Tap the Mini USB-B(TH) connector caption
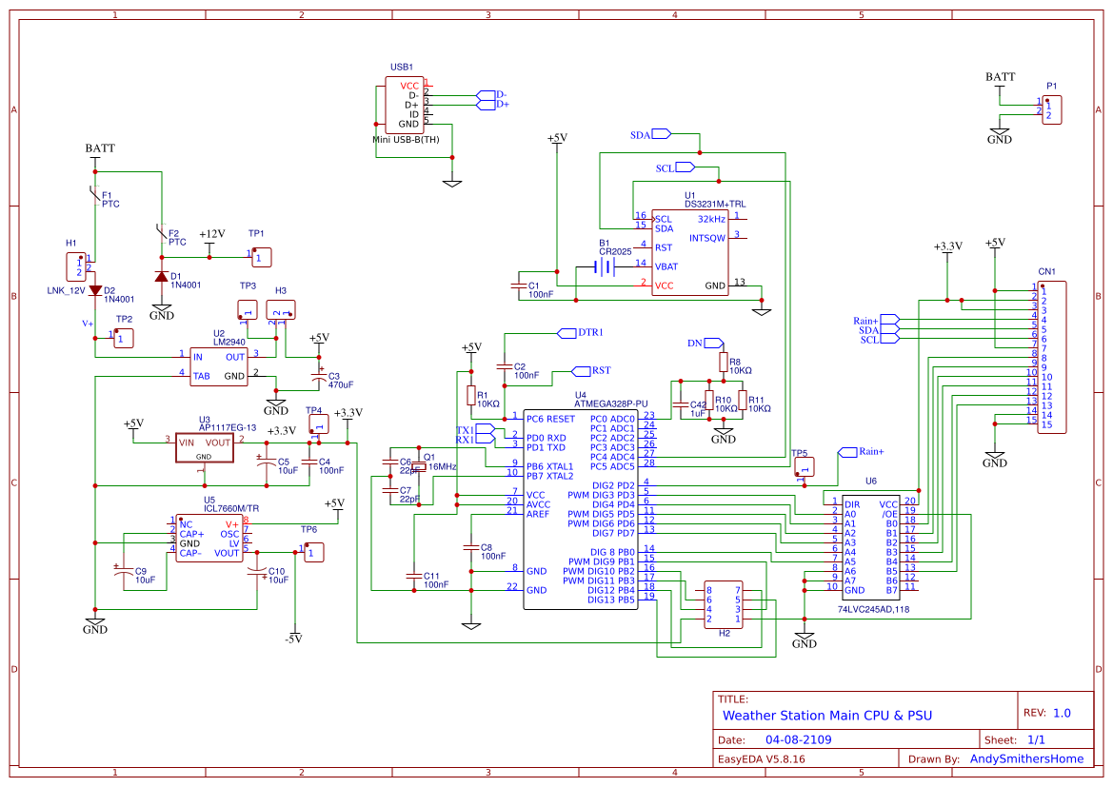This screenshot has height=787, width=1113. click(x=406, y=140)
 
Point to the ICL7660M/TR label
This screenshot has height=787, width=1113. click(x=230, y=508)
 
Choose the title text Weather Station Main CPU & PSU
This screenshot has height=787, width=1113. click(x=826, y=716)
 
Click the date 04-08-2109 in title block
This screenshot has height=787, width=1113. click(x=799, y=739)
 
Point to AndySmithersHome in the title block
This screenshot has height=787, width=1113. click(x=1026, y=758)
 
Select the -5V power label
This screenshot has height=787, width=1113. click(x=292, y=639)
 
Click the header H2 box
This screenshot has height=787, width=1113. click(x=723, y=604)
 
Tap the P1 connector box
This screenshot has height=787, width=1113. click(x=1051, y=109)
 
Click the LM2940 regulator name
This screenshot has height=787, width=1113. click(x=229, y=342)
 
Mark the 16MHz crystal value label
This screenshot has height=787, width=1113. click(x=442, y=467)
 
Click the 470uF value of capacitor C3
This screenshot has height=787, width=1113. click(x=340, y=384)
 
